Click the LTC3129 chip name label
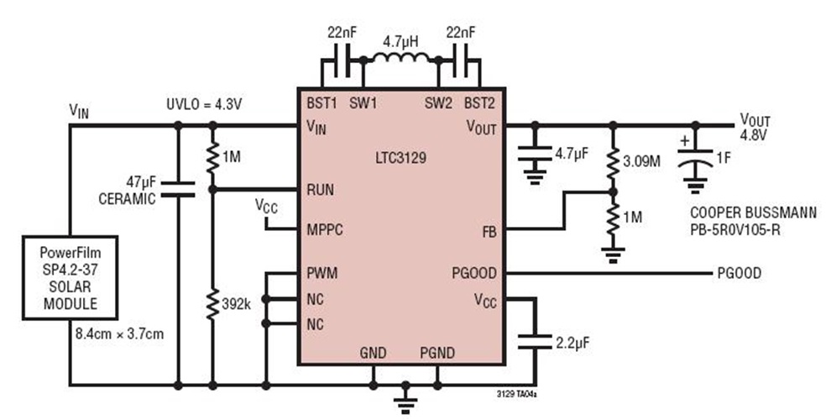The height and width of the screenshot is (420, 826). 401,157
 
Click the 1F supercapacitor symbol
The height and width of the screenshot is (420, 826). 693,160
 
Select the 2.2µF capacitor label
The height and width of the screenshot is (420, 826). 578,342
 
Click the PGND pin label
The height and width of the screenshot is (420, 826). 437,351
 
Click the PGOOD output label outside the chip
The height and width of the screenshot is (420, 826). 740,273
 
